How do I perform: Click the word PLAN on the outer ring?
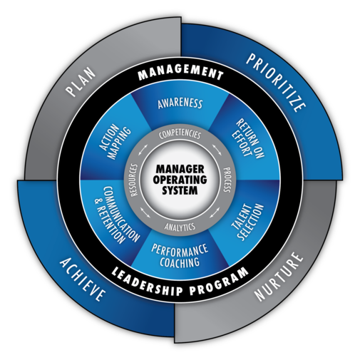81,83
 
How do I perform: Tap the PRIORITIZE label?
276,82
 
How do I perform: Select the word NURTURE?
279,277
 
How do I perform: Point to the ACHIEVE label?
82,279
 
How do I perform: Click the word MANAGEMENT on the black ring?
180,73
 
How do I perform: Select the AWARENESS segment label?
180,103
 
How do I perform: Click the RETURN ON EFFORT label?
247,140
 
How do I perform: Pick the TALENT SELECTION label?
248,222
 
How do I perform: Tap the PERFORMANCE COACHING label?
180,255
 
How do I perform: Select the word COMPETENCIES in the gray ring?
180,134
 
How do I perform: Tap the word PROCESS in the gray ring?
227,180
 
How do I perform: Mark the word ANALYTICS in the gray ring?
180,227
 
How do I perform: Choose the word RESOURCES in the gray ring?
133,180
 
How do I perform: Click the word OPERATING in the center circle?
180,180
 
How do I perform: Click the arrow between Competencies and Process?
217,149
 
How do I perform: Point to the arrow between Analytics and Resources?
145,212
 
